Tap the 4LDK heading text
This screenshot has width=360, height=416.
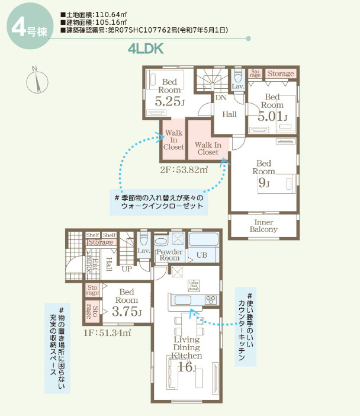(145, 49)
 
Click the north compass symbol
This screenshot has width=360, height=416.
(37, 80)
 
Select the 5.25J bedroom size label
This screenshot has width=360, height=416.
(169, 101)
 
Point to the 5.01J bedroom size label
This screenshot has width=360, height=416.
(272, 116)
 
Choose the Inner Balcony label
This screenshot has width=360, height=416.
(263, 225)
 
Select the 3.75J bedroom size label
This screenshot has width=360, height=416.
(127, 312)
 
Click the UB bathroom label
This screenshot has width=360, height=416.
(201, 256)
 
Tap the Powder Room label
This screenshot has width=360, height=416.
(169, 255)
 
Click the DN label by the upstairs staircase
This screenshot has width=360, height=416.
(220, 97)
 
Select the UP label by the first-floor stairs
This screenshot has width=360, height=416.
(127, 269)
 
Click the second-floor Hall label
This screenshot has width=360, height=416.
(230, 114)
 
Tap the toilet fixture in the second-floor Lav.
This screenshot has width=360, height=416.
(238, 76)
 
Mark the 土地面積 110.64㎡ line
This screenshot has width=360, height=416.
(95, 13)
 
